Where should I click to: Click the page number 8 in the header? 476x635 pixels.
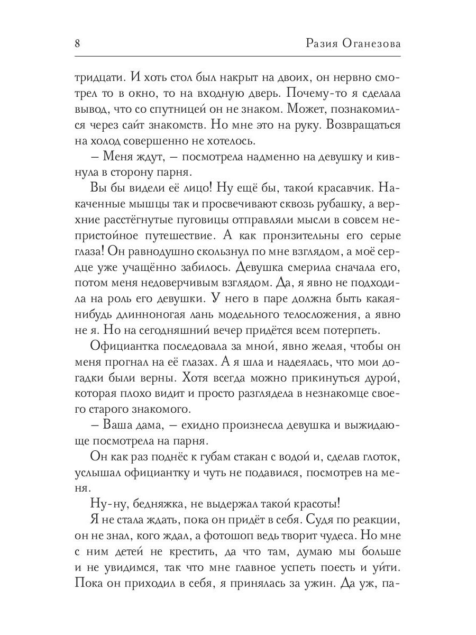point(78,43)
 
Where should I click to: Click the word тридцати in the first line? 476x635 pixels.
point(98,77)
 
